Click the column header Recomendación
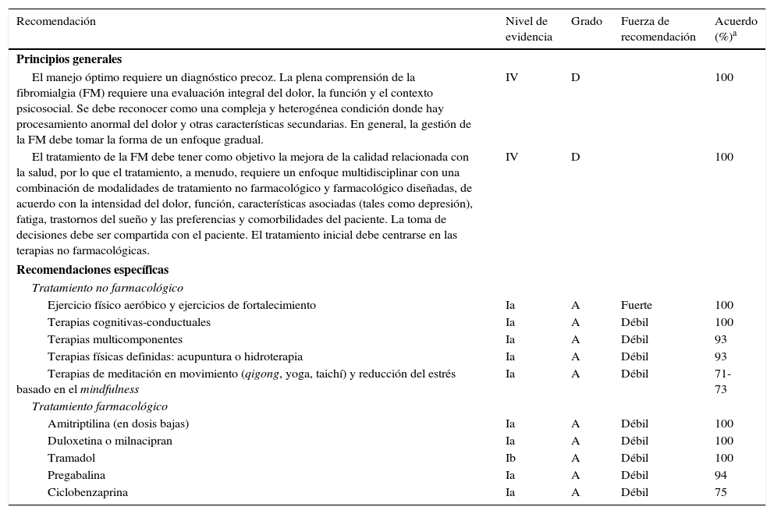(x=56, y=22)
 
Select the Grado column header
(x=586, y=22)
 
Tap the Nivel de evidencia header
(x=527, y=29)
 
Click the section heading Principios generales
(x=69, y=59)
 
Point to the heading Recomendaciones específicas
(x=92, y=270)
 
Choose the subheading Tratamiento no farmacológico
(x=107, y=288)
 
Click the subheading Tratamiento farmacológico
(x=99, y=406)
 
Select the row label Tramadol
(x=71, y=458)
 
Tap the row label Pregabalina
(x=76, y=475)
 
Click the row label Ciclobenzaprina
(x=87, y=492)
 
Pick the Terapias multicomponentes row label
(x=115, y=339)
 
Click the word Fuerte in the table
(x=636, y=305)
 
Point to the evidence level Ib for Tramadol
(x=510, y=458)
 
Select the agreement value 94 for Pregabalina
(x=720, y=475)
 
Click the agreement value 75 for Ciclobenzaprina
(x=720, y=492)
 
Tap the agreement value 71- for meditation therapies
(x=723, y=374)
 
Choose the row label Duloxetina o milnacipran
(x=109, y=441)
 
